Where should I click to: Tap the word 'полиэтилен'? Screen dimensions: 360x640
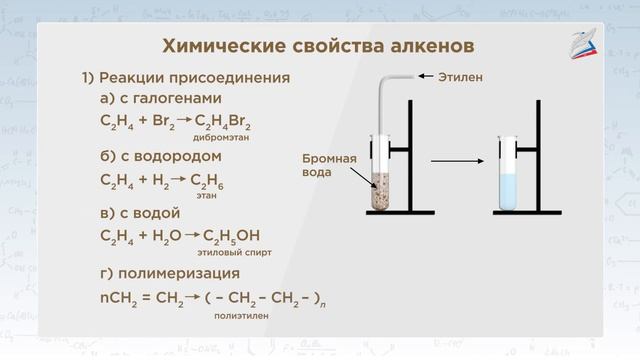(241, 315)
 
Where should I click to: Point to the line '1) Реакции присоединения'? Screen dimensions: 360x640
(186, 78)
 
